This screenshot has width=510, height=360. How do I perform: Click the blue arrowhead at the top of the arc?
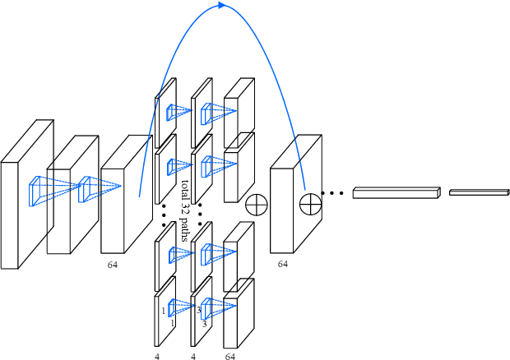(x=222, y=6)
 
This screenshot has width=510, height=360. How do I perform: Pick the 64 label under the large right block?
(x=282, y=265)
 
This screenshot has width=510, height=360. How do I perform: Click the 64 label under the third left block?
(x=113, y=265)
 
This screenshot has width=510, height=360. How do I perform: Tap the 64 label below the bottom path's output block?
(x=229, y=357)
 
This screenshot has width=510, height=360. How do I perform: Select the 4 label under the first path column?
(x=156, y=357)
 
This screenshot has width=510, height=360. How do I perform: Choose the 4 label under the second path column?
(x=193, y=357)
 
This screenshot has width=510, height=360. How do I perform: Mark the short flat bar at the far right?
(x=479, y=192)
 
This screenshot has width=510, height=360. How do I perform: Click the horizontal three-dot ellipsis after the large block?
(x=332, y=194)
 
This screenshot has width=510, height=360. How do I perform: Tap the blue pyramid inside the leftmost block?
(x=41, y=192)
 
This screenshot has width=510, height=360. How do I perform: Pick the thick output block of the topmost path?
(x=239, y=103)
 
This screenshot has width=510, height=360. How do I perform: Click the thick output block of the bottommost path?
(x=239, y=316)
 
